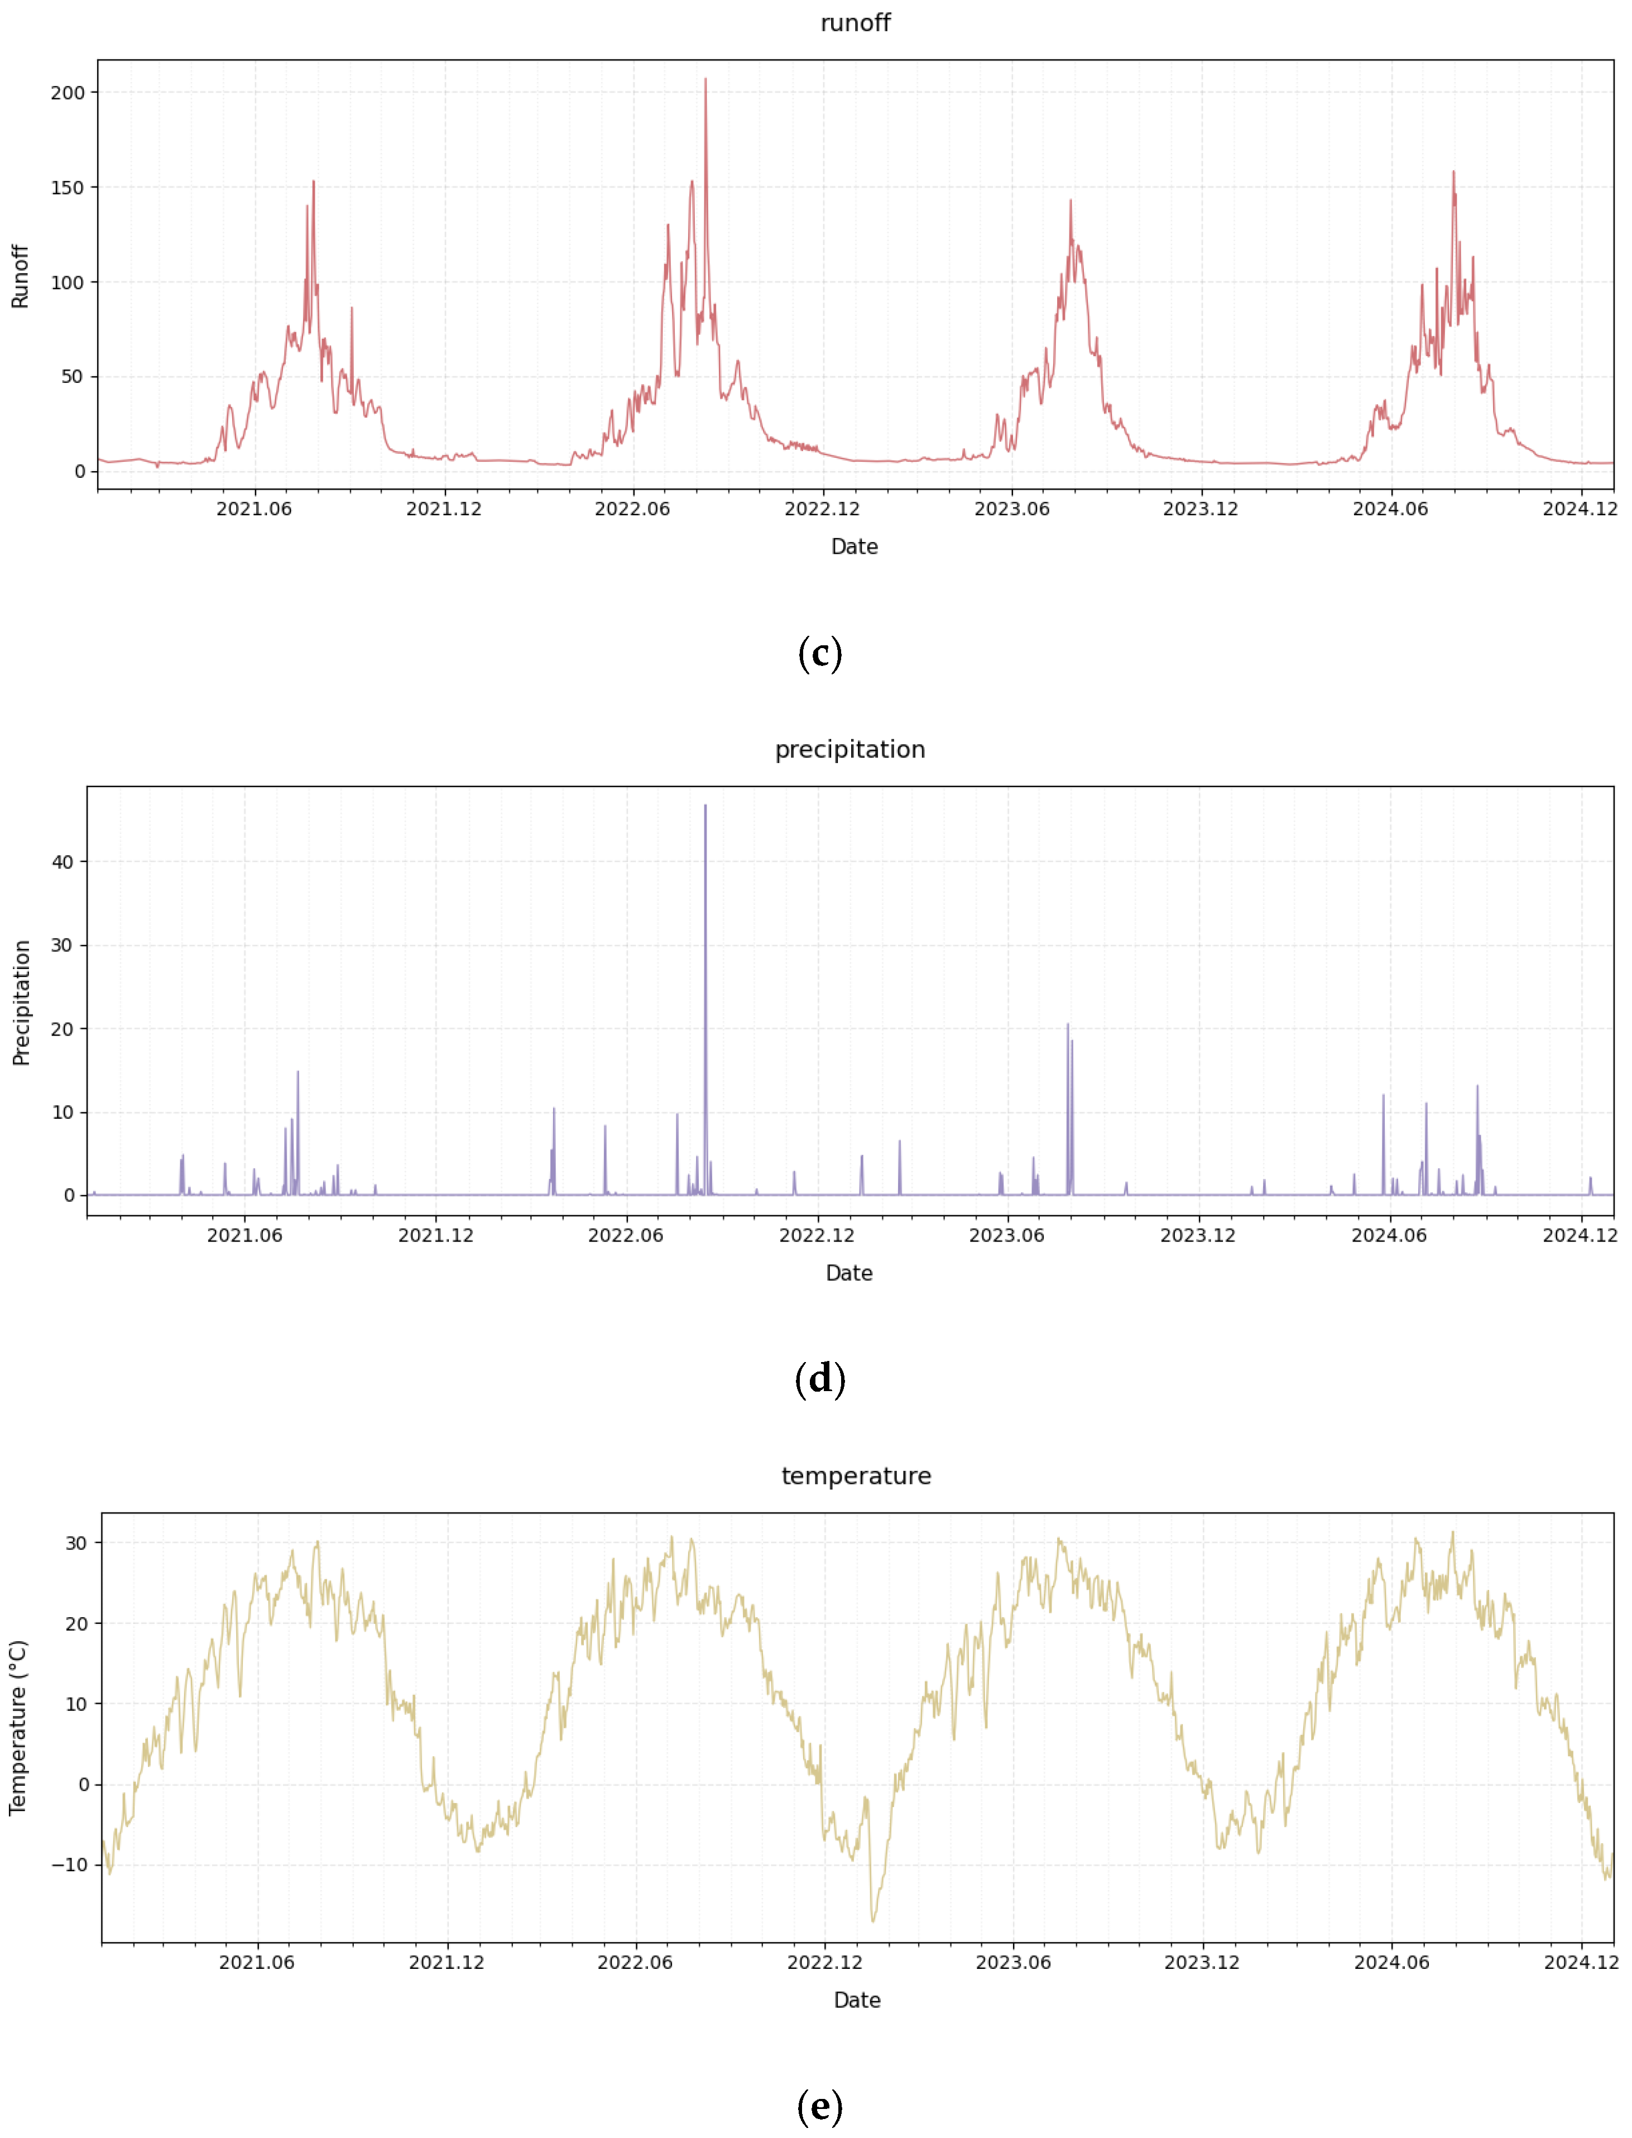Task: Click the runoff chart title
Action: coord(855,23)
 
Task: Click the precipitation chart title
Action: coord(850,749)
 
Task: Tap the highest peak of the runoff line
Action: coord(705,80)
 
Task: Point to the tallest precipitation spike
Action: coord(705,806)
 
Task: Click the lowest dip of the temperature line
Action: coord(872,1920)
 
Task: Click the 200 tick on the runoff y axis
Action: coord(68,93)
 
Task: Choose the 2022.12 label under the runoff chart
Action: coord(822,509)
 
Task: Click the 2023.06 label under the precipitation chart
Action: coord(1006,1235)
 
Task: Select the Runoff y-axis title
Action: coord(20,277)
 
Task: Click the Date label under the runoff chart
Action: coord(854,547)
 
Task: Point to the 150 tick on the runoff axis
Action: coord(68,188)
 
